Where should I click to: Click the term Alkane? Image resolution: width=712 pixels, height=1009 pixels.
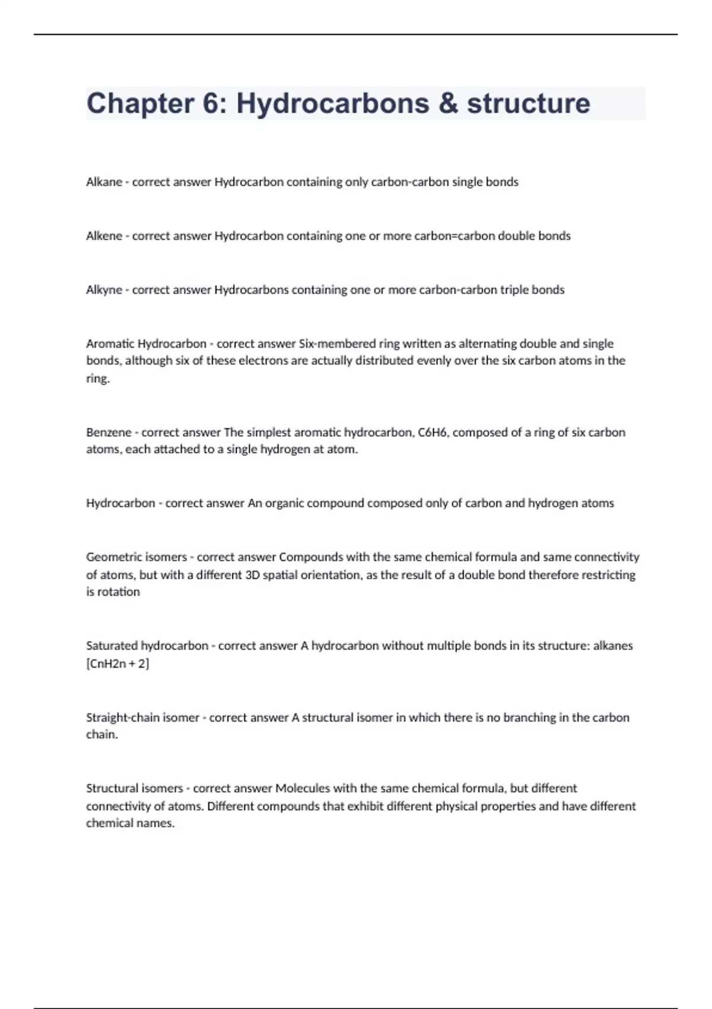point(104,182)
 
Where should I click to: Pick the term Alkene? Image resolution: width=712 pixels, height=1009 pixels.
point(104,236)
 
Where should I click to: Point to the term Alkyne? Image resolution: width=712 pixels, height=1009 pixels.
point(104,290)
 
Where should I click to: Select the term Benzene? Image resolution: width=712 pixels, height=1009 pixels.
point(109,433)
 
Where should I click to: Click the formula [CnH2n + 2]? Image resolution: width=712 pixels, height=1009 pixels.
point(117,664)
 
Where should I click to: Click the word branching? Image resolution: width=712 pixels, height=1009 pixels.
point(530,718)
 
